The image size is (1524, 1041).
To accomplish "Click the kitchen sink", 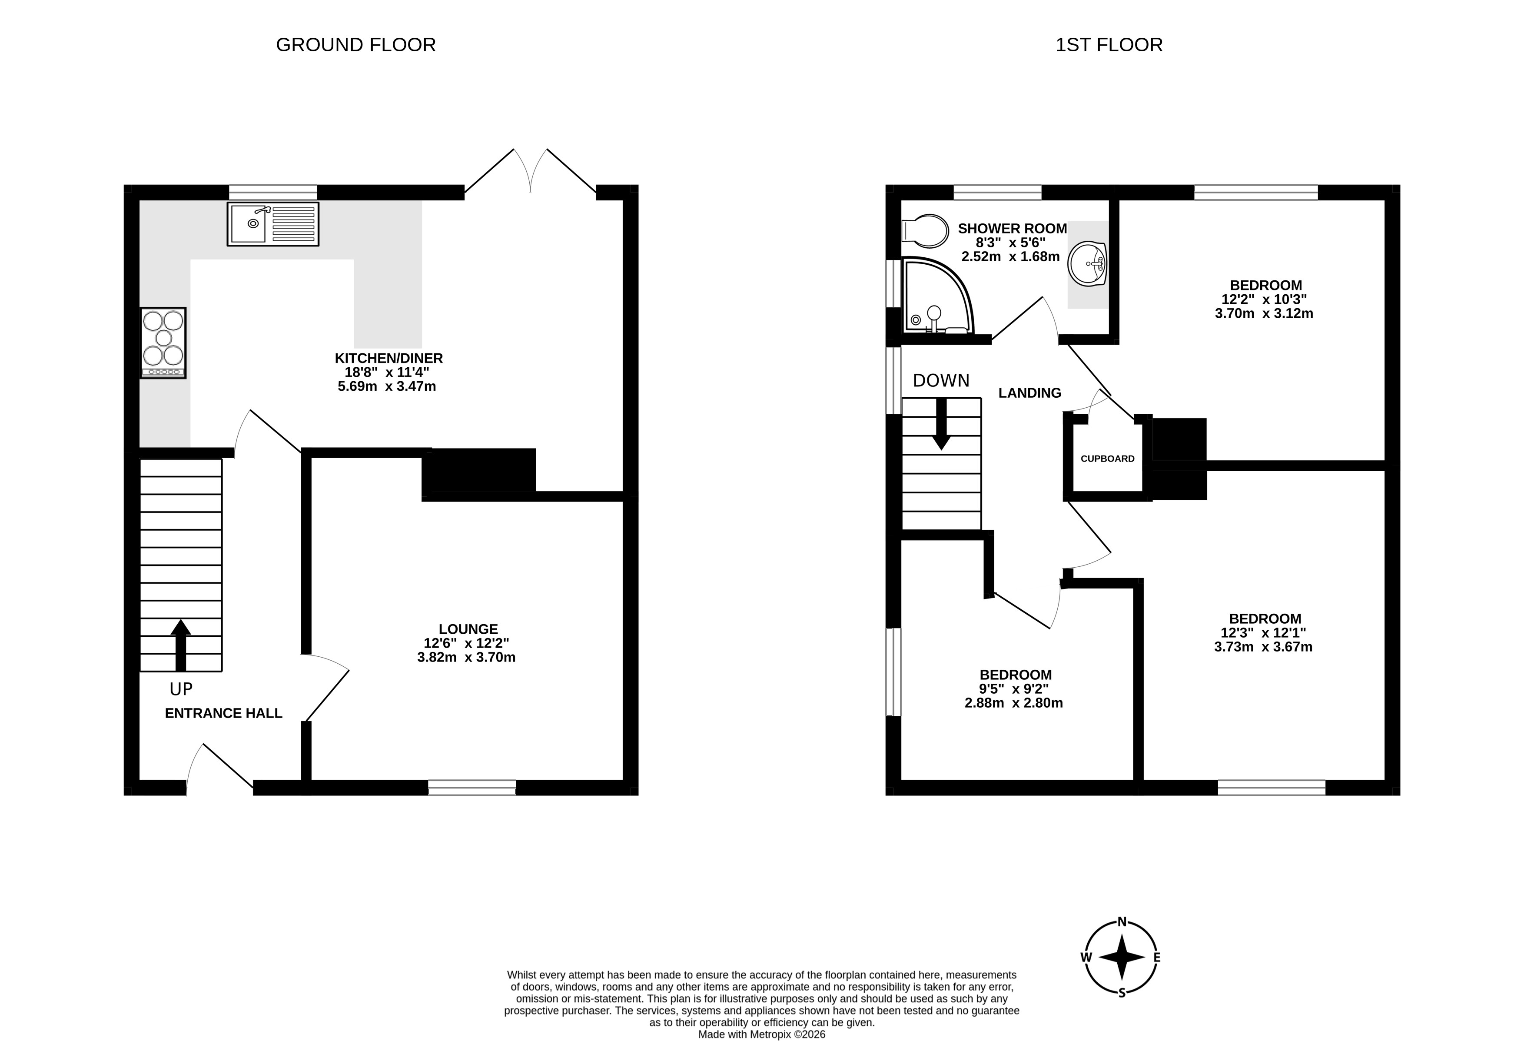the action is click(x=273, y=224).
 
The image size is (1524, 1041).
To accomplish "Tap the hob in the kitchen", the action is click(x=163, y=343).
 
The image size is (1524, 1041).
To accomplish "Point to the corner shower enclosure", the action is click(x=938, y=296).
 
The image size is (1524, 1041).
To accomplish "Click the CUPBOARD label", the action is click(x=1108, y=459).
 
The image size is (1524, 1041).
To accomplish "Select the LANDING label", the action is click(x=1029, y=393).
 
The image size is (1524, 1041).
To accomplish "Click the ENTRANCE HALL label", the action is click(x=224, y=713).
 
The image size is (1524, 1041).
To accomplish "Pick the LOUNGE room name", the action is click(x=468, y=629).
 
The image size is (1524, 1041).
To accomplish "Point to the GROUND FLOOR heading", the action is click(x=356, y=45).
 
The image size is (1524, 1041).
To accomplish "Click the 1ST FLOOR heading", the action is click(x=1109, y=45).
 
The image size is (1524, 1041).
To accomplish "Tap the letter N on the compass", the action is click(x=1122, y=921).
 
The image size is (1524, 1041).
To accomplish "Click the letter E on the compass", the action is click(x=1157, y=958).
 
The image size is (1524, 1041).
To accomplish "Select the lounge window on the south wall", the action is click(x=472, y=788).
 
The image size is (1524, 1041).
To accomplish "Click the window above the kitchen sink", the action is click(x=273, y=192).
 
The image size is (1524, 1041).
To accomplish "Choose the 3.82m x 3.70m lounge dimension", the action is click(x=466, y=657).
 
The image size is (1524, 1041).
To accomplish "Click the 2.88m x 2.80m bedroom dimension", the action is click(x=1014, y=703).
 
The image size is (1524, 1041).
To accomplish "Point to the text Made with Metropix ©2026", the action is click(x=761, y=1034).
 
